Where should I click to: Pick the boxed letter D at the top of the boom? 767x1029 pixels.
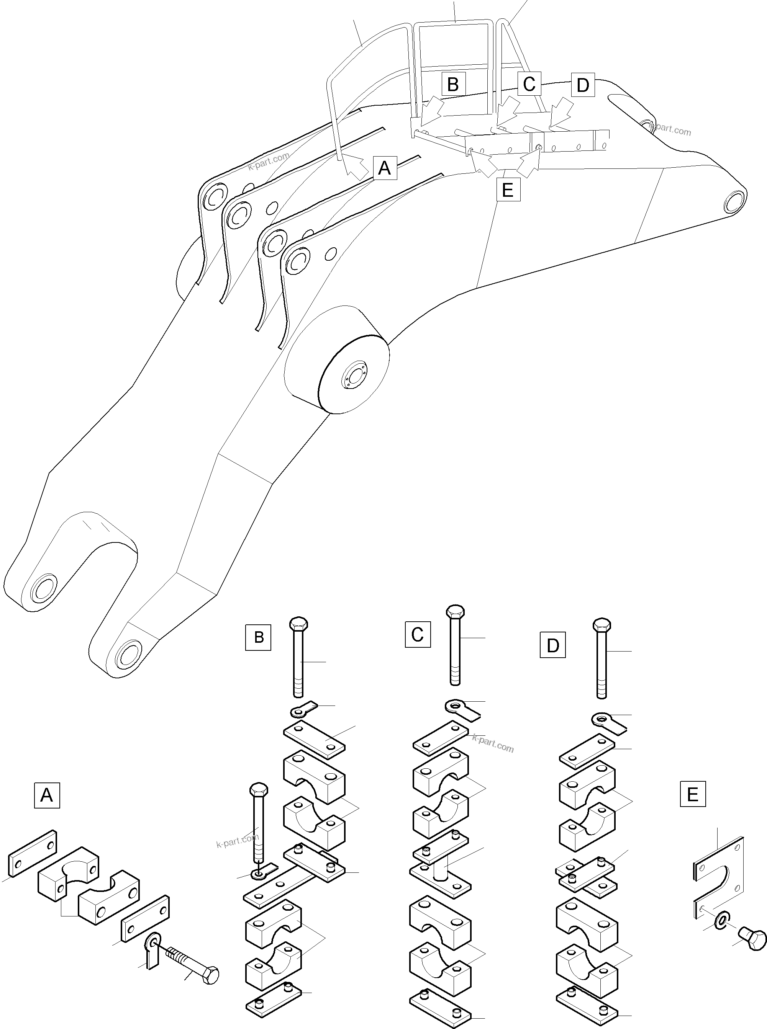tap(582, 85)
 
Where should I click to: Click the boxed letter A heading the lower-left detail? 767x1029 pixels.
tap(47, 795)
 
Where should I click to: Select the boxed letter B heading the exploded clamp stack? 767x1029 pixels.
tap(259, 637)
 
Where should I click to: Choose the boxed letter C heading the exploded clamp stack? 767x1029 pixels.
tap(417, 634)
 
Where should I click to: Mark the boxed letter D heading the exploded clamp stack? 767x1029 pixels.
tap(552, 645)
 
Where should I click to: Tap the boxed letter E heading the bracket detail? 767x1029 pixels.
tap(692, 794)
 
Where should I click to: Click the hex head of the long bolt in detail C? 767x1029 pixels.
tap(455, 611)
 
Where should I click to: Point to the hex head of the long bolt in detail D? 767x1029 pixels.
tap(602, 624)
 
